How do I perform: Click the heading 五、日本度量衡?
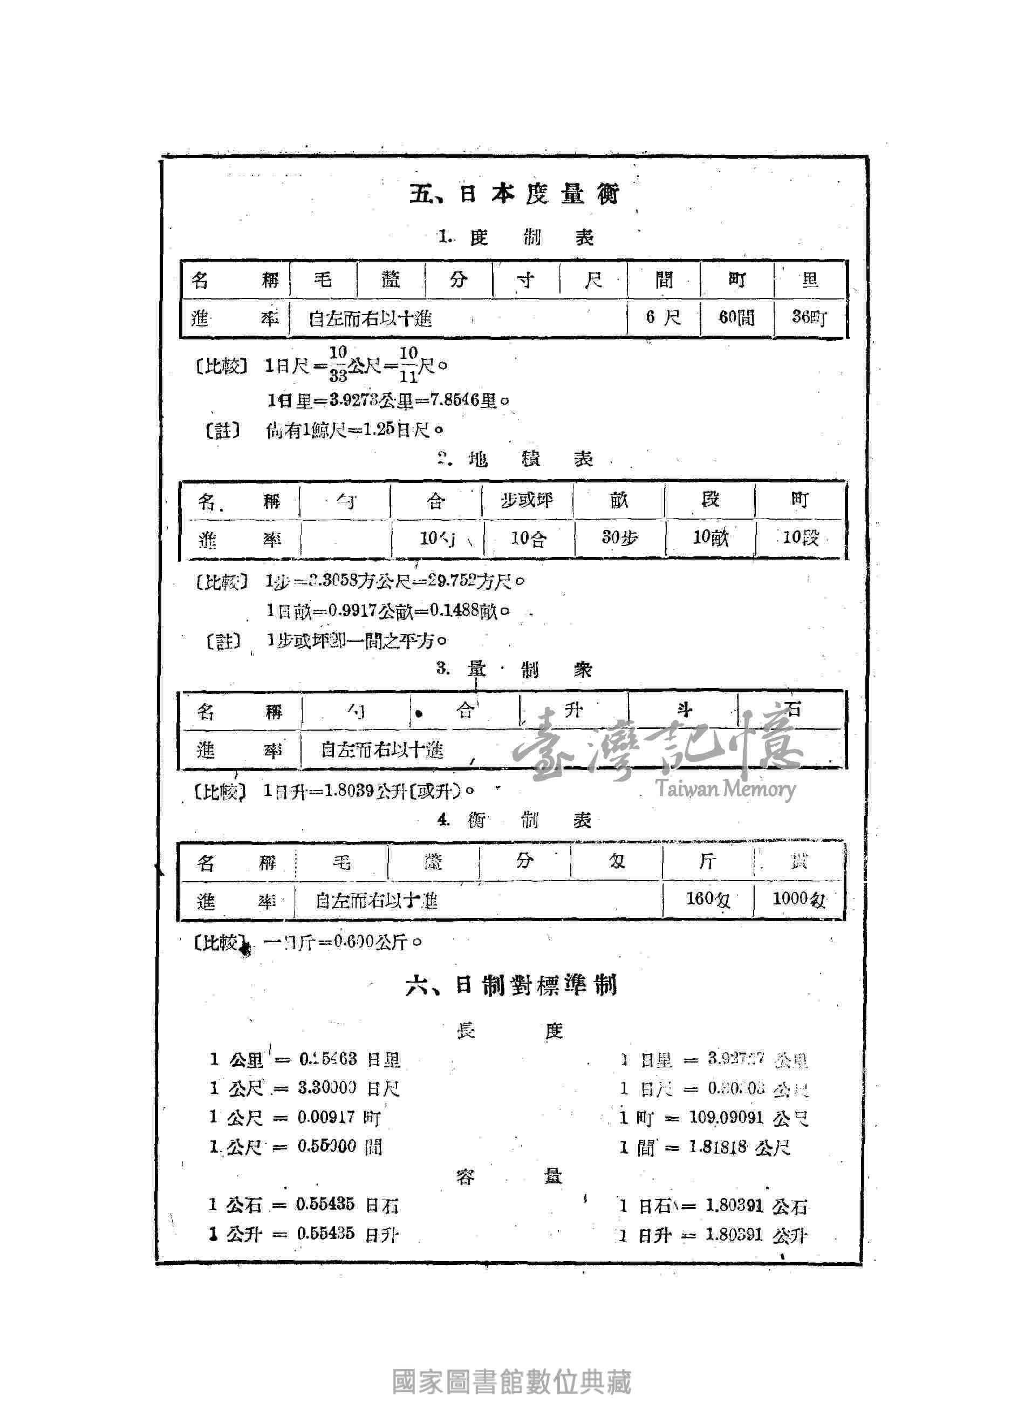[x=514, y=194]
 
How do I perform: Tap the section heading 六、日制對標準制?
[x=511, y=985]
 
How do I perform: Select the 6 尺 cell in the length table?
[x=662, y=318]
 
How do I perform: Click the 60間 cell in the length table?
[x=736, y=318]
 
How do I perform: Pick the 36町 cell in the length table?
[x=809, y=317]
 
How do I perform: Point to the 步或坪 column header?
[x=527, y=500]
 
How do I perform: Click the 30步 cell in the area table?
[x=619, y=537]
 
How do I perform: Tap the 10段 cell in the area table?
[x=801, y=537]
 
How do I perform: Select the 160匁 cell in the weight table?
[x=707, y=898]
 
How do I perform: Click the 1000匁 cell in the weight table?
[x=798, y=898]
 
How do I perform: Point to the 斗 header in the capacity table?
[x=684, y=710]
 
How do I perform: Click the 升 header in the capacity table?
[x=573, y=710]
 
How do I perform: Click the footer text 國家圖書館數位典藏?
[x=512, y=1382]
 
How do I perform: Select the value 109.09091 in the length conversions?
[x=726, y=1118]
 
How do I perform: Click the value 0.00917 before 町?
[x=326, y=1118]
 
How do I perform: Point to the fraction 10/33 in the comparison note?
[x=338, y=364]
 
